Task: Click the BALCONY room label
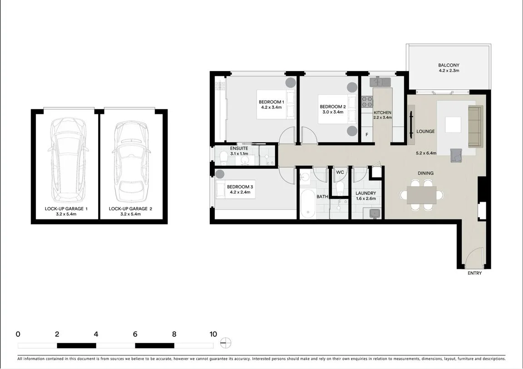(x=449, y=65)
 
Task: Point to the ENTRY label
(x=474, y=273)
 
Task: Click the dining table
(x=422, y=195)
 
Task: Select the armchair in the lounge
(x=456, y=155)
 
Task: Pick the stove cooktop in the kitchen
(x=366, y=102)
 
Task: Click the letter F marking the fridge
(x=367, y=135)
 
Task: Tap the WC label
(x=340, y=172)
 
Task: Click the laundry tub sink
(x=375, y=214)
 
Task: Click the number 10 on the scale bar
(x=213, y=335)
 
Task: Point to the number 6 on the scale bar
(x=135, y=335)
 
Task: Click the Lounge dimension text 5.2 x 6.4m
(x=425, y=153)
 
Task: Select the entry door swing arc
(x=473, y=258)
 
